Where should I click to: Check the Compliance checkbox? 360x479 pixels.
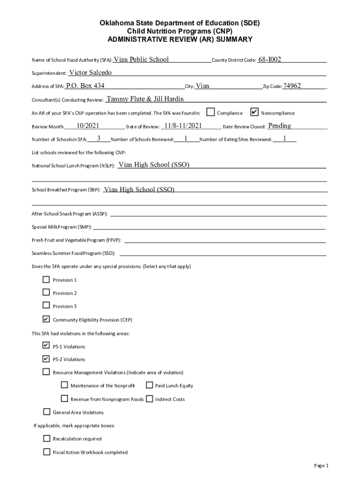[211, 112]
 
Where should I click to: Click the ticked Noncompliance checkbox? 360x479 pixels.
[254, 112]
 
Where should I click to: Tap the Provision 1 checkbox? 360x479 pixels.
[46, 280]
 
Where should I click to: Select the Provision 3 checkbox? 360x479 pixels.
[46, 305]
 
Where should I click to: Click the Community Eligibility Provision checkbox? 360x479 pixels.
[46, 319]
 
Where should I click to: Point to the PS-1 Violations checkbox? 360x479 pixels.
[46, 346]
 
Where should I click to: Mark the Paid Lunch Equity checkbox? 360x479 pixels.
[149, 385]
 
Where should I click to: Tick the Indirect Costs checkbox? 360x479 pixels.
[149, 399]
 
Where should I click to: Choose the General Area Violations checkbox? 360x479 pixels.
[46, 412]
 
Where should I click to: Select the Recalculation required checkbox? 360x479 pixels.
[46, 438]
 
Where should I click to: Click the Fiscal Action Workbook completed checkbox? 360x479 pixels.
[46, 452]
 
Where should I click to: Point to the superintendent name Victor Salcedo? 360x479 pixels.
[90, 73]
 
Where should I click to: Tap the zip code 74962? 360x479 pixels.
[292, 86]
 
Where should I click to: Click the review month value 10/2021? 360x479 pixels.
[88, 125]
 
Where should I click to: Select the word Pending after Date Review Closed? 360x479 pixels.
[280, 125]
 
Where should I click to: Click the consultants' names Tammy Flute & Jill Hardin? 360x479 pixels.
[145, 99]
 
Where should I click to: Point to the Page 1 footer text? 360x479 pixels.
[322, 465]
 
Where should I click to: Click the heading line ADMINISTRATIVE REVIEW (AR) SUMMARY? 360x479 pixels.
[180, 39]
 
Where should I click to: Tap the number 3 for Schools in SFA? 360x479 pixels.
[99, 138]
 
